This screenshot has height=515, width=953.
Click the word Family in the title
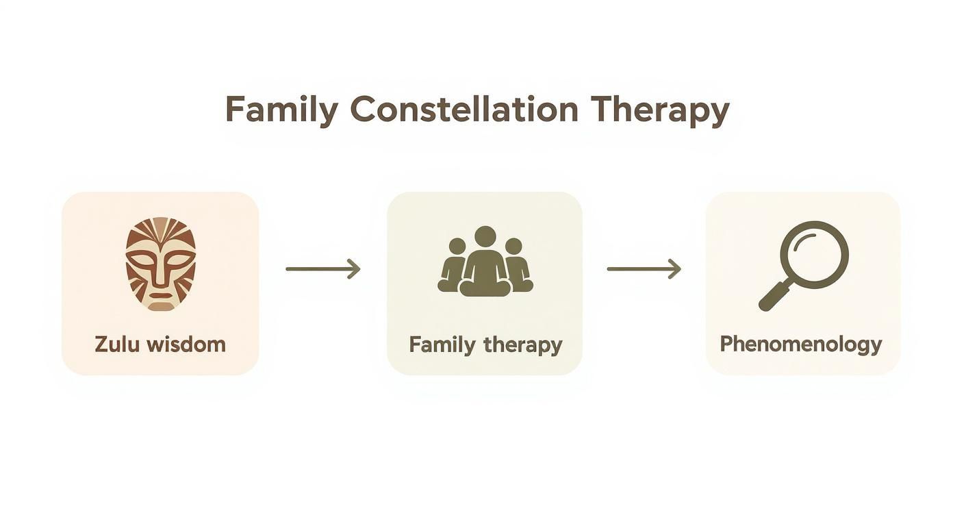[x=281, y=110]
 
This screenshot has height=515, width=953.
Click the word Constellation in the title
[x=463, y=110]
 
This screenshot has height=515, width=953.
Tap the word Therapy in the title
[x=659, y=110]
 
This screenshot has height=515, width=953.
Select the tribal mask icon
[x=160, y=264]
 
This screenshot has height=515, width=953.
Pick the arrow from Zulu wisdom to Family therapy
[x=322, y=268]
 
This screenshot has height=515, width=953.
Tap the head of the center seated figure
[x=485, y=237]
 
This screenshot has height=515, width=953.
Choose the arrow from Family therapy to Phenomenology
[x=644, y=268]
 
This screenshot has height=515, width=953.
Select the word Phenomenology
[x=800, y=344]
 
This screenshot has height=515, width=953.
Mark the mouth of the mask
[x=160, y=297]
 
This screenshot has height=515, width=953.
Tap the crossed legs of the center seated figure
[x=485, y=288]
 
